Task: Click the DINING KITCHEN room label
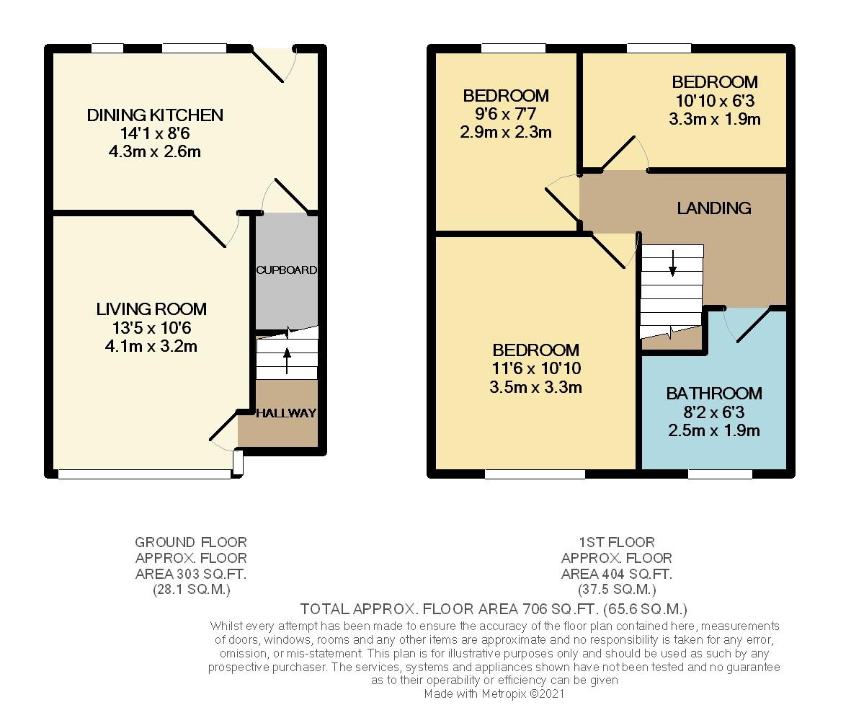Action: (155, 115)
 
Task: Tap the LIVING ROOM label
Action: (151, 309)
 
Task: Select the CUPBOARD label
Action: (286, 270)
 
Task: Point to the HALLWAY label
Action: (286, 413)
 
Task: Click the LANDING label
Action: (713, 208)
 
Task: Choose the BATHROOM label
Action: (713, 394)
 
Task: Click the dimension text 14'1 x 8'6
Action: (155, 133)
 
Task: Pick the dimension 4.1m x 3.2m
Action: (151, 346)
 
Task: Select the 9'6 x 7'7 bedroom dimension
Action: (505, 114)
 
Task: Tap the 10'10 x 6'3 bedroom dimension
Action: (714, 100)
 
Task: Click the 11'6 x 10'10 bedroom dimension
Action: (535, 368)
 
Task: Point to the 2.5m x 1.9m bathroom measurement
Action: (713, 431)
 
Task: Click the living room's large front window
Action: (144, 474)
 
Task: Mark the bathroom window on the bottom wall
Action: (720, 474)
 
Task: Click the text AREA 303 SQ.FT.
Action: (191, 574)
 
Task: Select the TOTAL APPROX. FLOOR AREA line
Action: (494, 608)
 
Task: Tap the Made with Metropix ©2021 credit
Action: (494, 693)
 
